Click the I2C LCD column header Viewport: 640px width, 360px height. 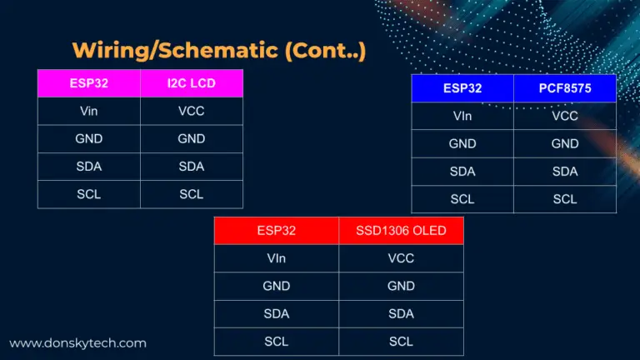pyautogui.click(x=192, y=83)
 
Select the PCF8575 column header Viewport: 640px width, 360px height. pyautogui.click(x=565, y=88)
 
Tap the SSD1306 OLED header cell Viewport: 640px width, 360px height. pyautogui.click(x=401, y=231)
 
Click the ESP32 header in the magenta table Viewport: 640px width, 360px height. pyautogui.click(x=89, y=83)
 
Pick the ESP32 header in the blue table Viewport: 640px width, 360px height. pyautogui.click(x=462, y=88)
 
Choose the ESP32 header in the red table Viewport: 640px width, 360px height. pyautogui.click(x=277, y=231)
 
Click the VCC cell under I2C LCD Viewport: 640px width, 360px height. pyautogui.click(x=192, y=111)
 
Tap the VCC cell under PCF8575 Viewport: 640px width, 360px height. pyautogui.click(x=565, y=116)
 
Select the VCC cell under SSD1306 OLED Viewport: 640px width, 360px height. pyautogui.click(x=401, y=258)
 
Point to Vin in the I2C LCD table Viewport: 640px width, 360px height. pyautogui.click(x=89, y=111)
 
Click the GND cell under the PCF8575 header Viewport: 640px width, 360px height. pyautogui.click(x=565, y=143)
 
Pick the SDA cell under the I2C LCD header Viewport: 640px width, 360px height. pyautogui.click(x=192, y=167)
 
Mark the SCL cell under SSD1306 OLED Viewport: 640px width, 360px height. pyautogui.click(x=401, y=341)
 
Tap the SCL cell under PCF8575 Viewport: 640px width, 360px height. pyautogui.click(x=565, y=199)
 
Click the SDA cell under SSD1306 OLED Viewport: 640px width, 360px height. pyautogui.click(x=401, y=314)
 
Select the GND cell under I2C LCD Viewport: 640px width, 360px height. pyautogui.click(x=192, y=139)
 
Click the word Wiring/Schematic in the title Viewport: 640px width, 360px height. pyautogui.click(x=175, y=51)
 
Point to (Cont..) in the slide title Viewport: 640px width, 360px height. pyautogui.click(x=325, y=51)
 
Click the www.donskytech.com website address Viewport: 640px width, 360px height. pyautogui.click(x=77, y=343)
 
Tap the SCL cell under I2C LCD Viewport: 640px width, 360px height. pyautogui.click(x=192, y=194)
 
